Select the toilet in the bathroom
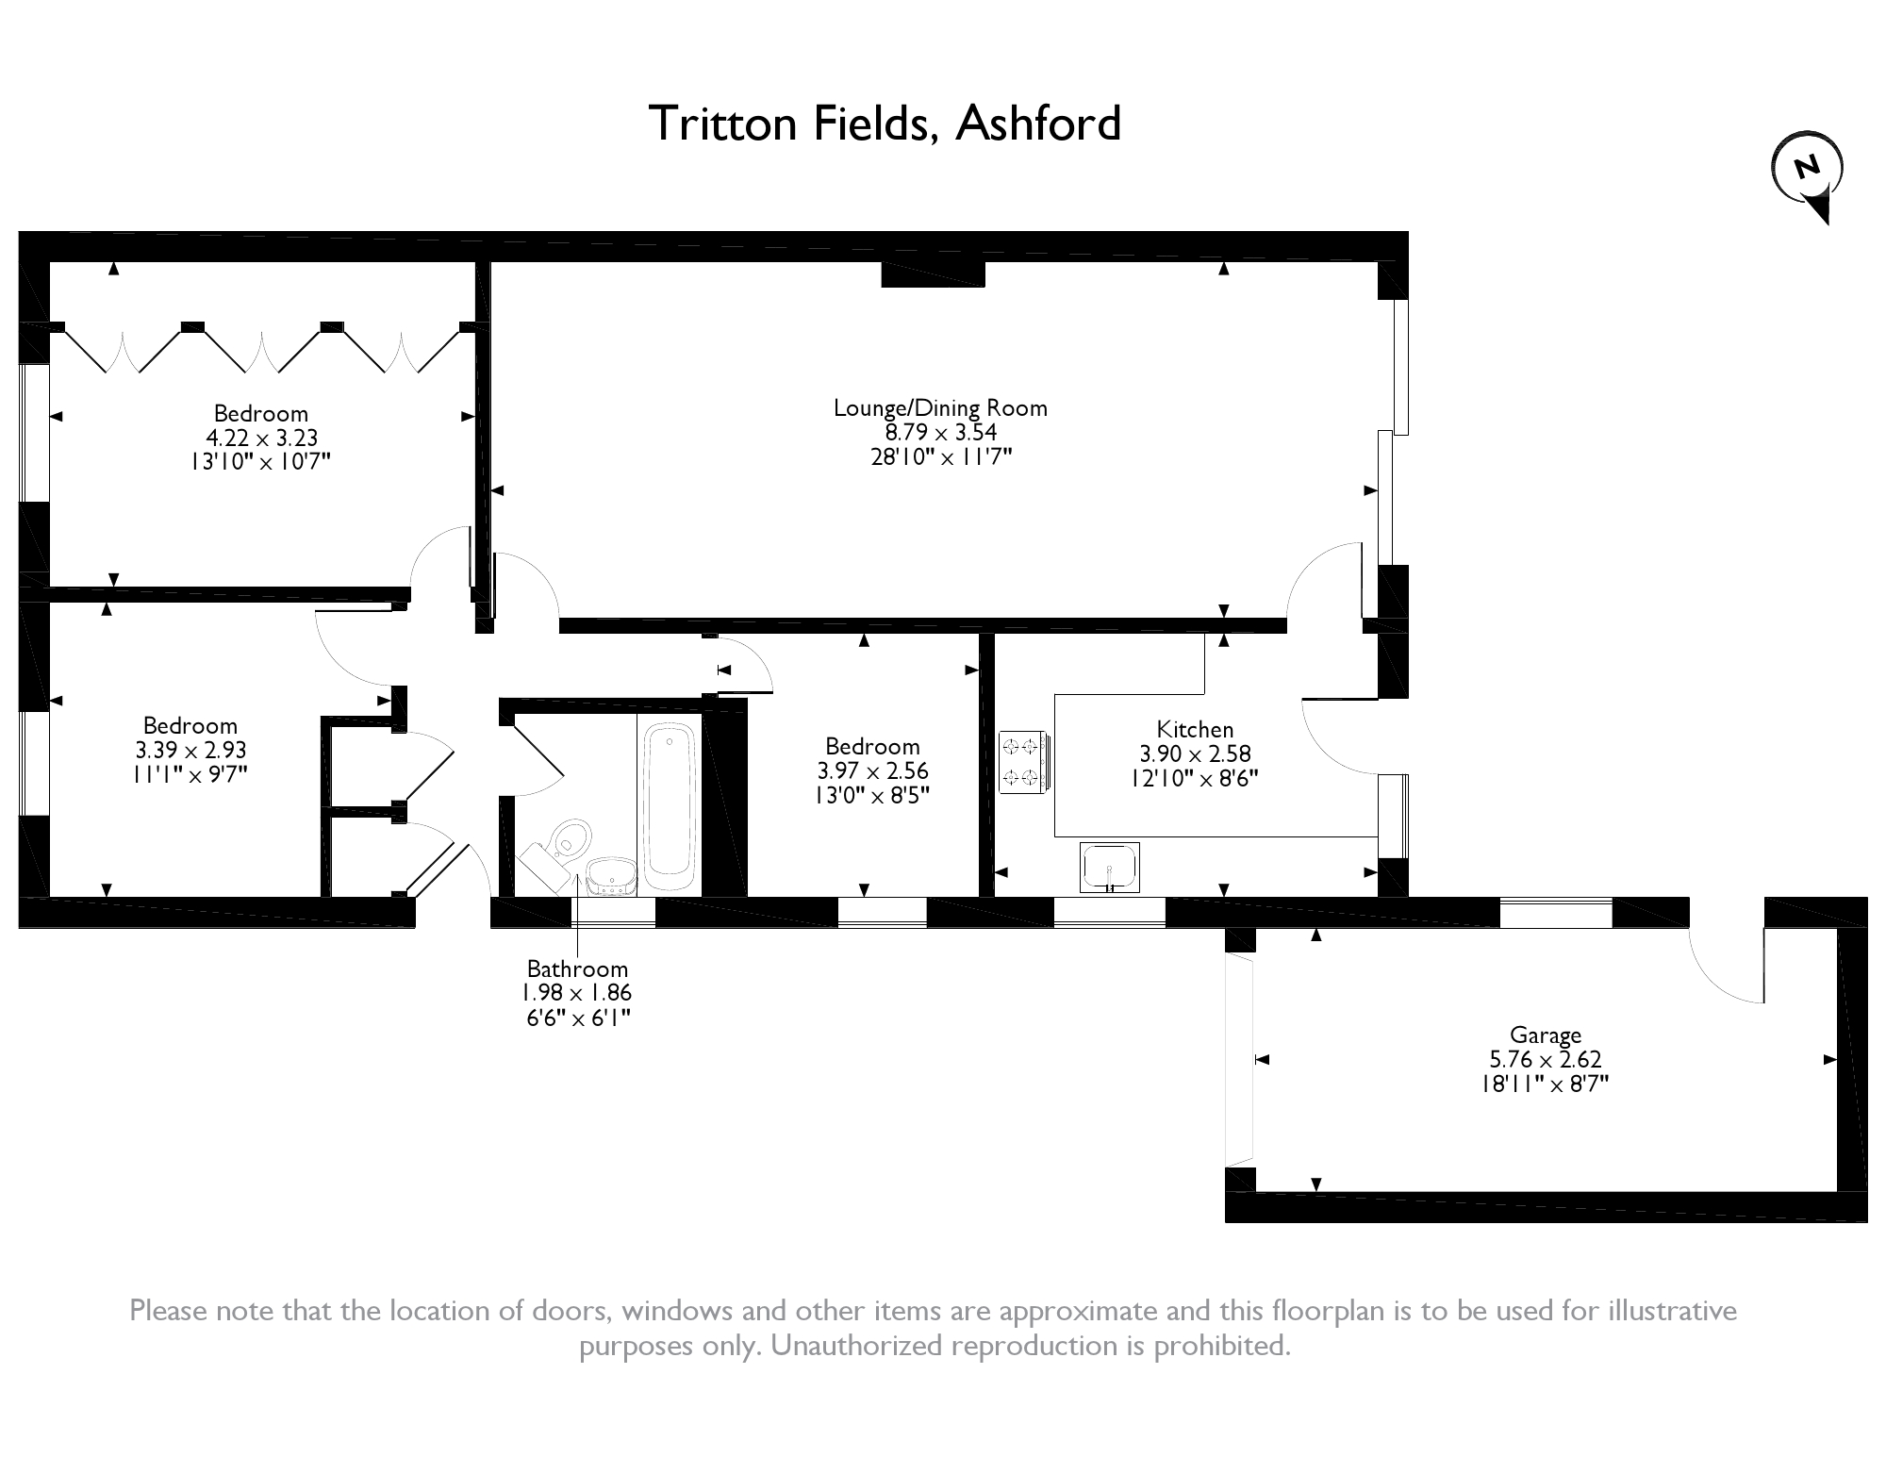pos(570,837)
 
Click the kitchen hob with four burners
pos(1021,761)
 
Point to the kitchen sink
pos(1109,867)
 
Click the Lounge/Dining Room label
pos(940,408)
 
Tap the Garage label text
pos(1545,1035)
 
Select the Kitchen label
pos(1195,729)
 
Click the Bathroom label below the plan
pos(577,969)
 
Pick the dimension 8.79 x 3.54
pos(940,433)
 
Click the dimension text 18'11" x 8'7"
pos(1545,1084)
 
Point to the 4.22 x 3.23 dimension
pos(261,438)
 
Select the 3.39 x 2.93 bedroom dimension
pos(190,750)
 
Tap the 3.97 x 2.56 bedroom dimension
pos(872,770)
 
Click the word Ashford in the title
pos(1038,124)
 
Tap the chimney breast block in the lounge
pos(933,273)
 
